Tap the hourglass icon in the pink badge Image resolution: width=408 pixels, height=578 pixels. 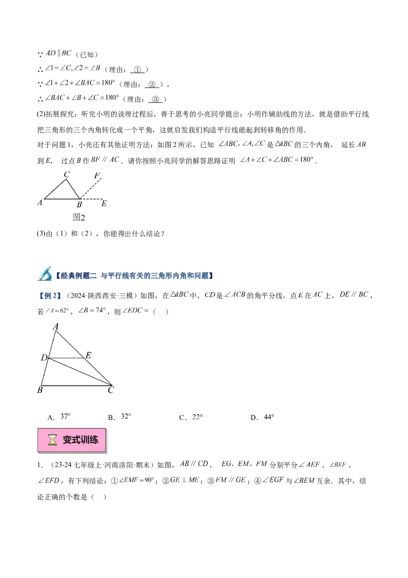pyautogui.click(x=52, y=440)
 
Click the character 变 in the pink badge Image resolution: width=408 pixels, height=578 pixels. pyautogui.click(x=67, y=440)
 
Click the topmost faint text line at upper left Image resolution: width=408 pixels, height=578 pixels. pyautogui.click(x=59, y=53)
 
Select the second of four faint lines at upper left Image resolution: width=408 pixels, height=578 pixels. pyautogui.click(x=73, y=67)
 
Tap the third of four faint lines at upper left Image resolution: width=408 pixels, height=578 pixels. pyautogui.click(x=82, y=82)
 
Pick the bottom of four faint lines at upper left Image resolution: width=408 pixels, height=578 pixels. pyautogui.click(x=82, y=97)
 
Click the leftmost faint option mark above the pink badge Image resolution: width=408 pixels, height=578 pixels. pyautogui.click(x=63, y=417)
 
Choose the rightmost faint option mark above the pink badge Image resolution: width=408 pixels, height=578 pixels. pyautogui.click(x=267, y=417)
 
